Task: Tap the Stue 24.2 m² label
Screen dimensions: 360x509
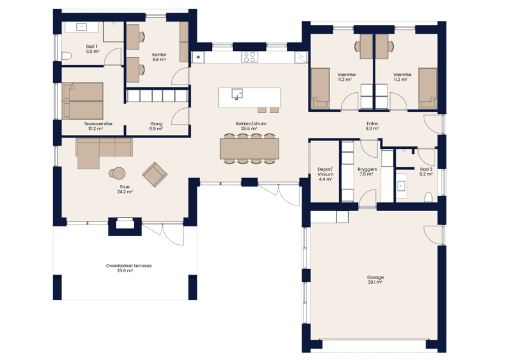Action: [125, 189]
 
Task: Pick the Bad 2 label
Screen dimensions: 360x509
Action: [426, 172]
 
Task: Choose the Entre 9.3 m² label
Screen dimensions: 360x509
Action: [372, 126]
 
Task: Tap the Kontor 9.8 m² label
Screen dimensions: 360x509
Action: [159, 57]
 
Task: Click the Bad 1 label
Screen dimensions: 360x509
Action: [93, 48]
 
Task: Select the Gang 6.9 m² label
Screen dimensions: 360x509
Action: [157, 126]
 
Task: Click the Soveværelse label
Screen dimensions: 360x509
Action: [98, 125]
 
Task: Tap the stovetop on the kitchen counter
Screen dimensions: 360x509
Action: [250, 57]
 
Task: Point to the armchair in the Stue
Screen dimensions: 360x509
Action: [155, 174]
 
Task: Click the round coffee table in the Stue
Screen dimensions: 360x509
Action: [118, 172]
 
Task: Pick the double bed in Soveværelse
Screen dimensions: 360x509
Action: [83, 100]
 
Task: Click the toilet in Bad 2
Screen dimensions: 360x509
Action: [428, 196]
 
